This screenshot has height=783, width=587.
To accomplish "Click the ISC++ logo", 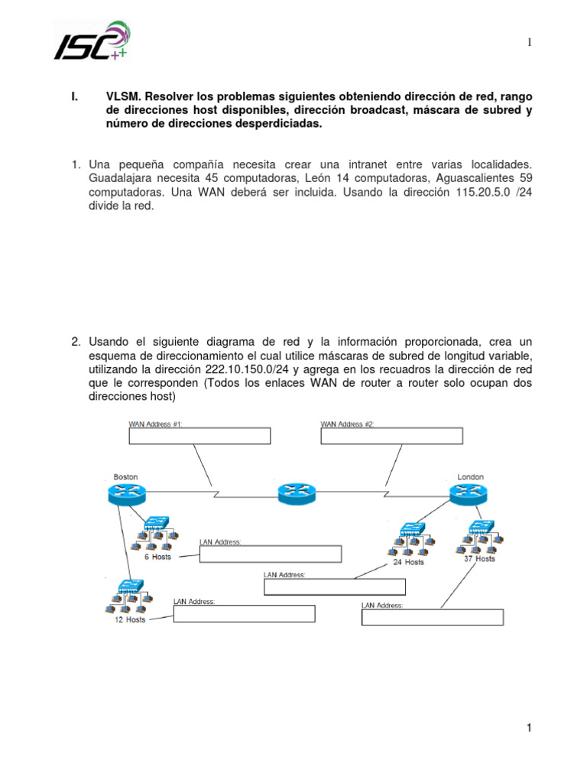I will click(x=91, y=41).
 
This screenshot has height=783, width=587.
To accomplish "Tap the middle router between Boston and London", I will click(x=297, y=493).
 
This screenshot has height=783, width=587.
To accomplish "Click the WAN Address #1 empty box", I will click(x=199, y=436).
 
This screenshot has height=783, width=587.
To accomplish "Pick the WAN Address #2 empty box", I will click(x=391, y=436).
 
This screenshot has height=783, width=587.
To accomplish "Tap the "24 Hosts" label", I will click(x=408, y=562).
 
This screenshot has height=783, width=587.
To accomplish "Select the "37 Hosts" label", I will click(x=480, y=558).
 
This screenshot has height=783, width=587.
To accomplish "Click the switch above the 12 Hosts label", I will click(x=126, y=587).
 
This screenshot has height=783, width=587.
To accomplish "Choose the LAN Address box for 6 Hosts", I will click(x=270, y=554).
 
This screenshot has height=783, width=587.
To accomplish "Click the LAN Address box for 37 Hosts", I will click(x=432, y=617).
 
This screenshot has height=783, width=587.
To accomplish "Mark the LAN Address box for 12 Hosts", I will click(x=244, y=614).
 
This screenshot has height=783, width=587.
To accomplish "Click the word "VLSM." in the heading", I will click(x=122, y=97).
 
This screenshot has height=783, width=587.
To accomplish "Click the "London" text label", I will click(x=471, y=476).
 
